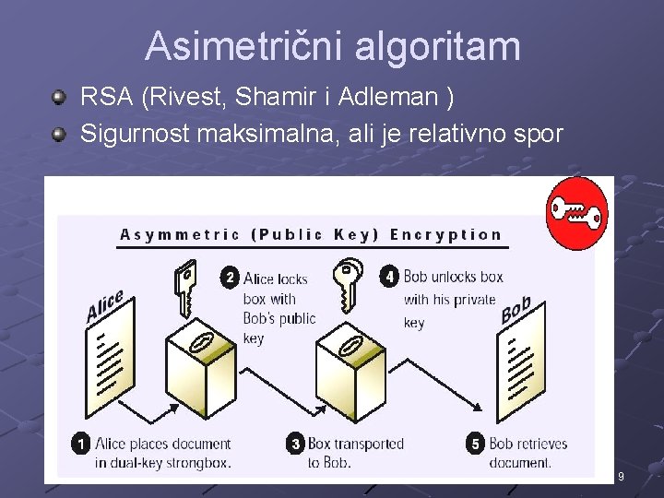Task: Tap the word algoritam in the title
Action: click(441, 46)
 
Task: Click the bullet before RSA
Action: click(59, 96)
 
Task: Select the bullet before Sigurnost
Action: click(59, 135)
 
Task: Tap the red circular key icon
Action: click(576, 213)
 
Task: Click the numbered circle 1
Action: click(80, 445)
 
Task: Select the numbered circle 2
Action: click(230, 277)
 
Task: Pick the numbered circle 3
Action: click(295, 445)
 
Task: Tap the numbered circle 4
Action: click(390, 276)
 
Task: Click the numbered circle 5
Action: click(476, 445)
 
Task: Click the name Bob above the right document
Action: click(516, 310)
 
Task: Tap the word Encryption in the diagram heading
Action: click(445, 234)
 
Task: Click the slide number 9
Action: click(621, 477)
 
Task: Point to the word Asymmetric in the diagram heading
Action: click(180, 234)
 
